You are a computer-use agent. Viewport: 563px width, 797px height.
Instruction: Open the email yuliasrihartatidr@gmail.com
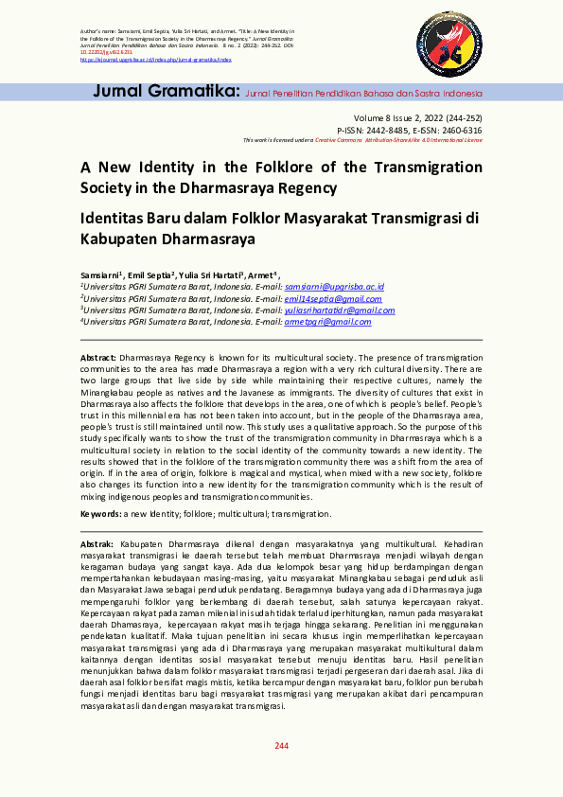pyautogui.click(x=340, y=310)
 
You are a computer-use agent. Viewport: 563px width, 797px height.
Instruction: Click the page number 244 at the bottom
pyautogui.click(x=281, y=747)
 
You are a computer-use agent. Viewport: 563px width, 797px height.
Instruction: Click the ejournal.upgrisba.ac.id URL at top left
pyautogui.click(x=156, y=58)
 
